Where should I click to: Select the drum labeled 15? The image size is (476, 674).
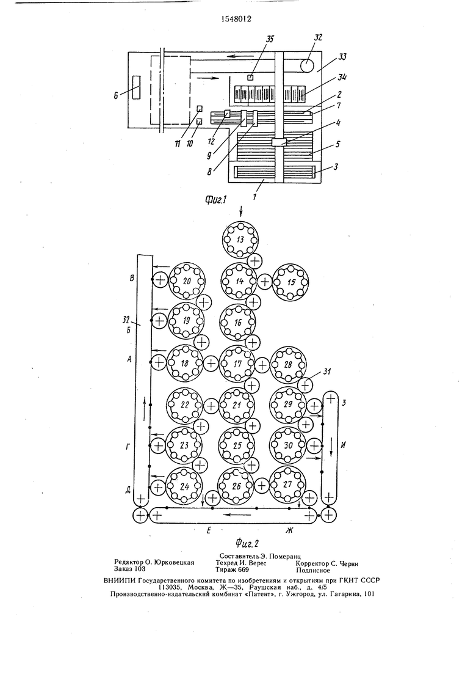(291, 282)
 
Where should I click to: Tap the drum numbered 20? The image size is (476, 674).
(186, 281)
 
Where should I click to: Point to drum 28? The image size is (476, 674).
(287, 365)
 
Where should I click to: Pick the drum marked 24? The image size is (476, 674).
(184, 486)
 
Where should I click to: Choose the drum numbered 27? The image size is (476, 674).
(287, 484)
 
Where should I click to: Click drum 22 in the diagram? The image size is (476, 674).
(184, 405)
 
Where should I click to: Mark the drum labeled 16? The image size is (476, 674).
(237, 322)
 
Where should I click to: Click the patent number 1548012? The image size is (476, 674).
(236, 18)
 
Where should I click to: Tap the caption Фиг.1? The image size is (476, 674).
(216, 199)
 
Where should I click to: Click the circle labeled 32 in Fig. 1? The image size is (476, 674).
(308, 65)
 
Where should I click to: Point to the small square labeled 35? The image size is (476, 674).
(250, 78)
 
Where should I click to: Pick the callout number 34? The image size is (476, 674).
(342, 78)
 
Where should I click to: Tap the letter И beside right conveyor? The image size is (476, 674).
(343, 445)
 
